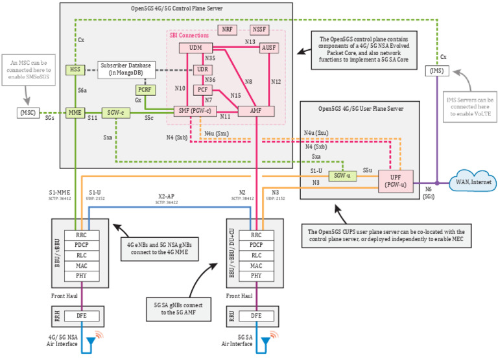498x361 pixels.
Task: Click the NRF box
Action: tap(227, 30)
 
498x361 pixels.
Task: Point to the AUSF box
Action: tap(268, 49)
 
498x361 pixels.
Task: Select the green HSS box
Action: tap(76, 69)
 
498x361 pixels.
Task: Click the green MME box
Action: tap(75, 112)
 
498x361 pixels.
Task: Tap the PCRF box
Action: tap(144, 90)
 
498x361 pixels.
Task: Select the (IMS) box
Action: tap(436, 70)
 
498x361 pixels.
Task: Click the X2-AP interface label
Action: tap(166, 196)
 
